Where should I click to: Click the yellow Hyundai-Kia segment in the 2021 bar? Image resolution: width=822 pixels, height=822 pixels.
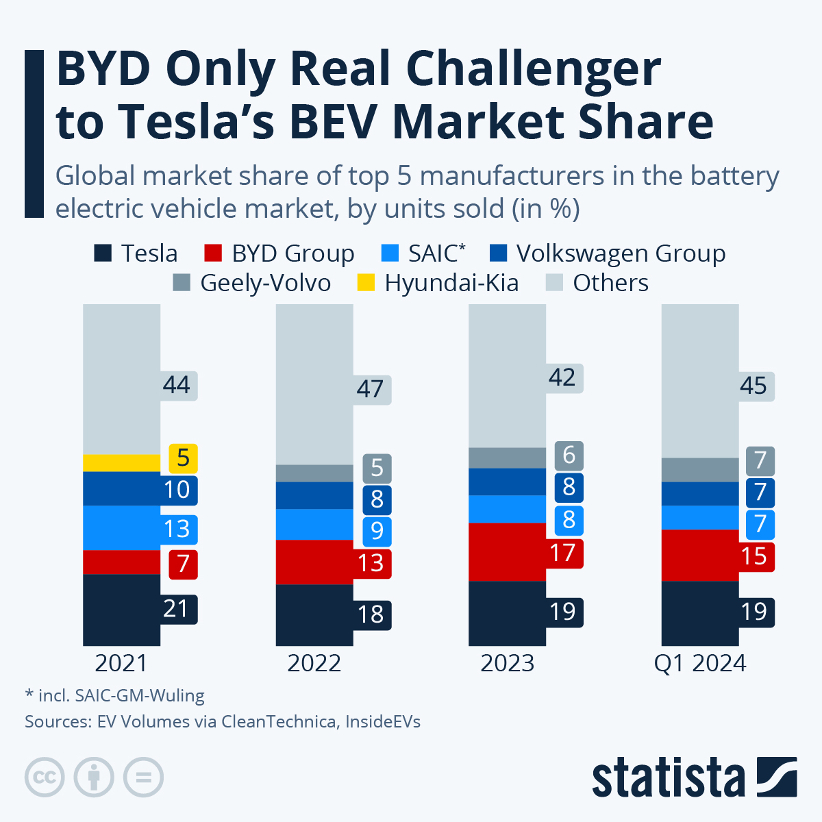coord(121,462)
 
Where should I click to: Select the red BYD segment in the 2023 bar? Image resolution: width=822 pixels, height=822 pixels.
coord(507,551)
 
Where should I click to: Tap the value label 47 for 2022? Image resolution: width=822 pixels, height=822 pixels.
coord(371,389)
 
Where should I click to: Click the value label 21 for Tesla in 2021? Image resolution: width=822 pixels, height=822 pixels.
coord(177,609)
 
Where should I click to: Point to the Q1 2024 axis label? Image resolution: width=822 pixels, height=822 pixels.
coord(699,663)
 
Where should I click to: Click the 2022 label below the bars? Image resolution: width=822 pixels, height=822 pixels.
coord(314,663)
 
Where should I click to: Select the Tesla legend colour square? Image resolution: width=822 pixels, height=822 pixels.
coord(102,253)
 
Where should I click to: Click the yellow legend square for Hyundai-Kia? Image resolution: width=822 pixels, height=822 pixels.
coord(366,283)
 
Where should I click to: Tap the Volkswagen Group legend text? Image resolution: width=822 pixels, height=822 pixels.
coord(621,253)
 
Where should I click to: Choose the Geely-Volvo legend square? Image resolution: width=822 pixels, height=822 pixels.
coord(182,283)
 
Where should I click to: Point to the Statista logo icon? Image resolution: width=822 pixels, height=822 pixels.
coord(777,777)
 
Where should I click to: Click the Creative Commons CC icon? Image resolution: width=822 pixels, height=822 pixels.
coord(45,777)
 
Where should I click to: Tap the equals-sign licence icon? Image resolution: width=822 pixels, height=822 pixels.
coord(143,777)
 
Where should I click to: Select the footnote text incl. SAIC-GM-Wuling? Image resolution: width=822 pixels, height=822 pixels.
coord(115,696)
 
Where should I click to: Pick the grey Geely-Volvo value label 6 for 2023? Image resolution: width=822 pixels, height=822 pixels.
coord(569,456)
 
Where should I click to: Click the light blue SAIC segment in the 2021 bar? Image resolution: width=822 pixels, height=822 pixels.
coord(121,527)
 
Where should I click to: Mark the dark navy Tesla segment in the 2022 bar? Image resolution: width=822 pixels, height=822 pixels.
coord(314,614)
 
